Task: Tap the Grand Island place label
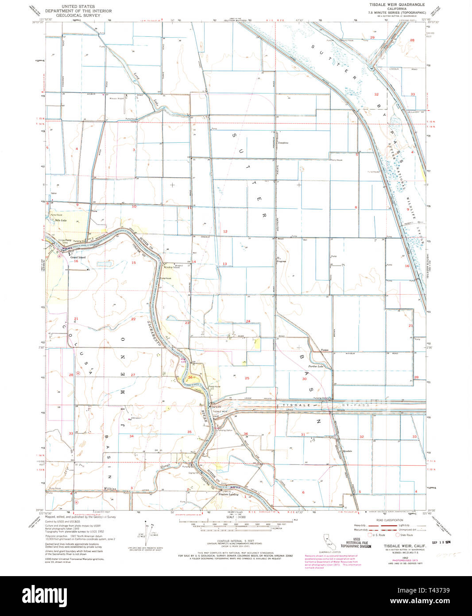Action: click(x=77, y=257)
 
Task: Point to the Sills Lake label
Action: click(x=58, y=220)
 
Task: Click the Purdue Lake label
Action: click(x=316, y=366)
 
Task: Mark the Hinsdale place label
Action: click(x=347, y=451)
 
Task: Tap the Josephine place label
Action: click(x=283, y=143)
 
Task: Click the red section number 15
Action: click(x=133, y=263)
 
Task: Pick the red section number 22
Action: click(x=133, y=319)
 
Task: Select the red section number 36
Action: click(x=246, y=434)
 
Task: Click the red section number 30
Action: click(x=304, y=379)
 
